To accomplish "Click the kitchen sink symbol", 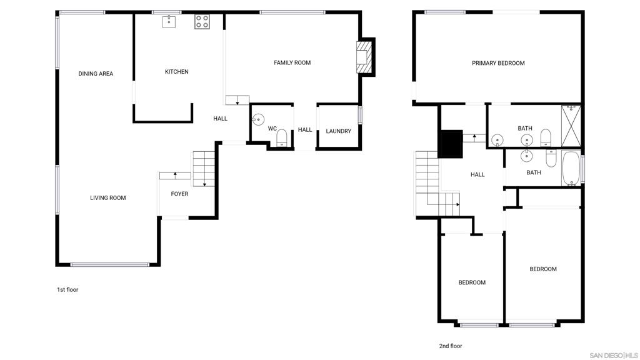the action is click(x=169, y=22).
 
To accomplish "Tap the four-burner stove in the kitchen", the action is click(x=202, y=22).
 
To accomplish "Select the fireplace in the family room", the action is click(x=365, y=57).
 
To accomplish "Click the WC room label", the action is click(x=272, y=129).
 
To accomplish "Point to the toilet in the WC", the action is click(x=282, y=138).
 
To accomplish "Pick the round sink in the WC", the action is click(x=258, y=119).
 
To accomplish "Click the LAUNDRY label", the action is click(x=338, y=131).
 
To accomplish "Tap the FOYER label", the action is click(x=179, y=194).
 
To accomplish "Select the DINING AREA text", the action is click(x=96, y=74).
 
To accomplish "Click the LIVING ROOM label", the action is click(x=107, y=198).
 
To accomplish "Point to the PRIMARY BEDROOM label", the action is click(x=498, y=63).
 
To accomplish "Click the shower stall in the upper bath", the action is click(x=571, y=126).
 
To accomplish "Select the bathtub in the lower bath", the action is click(x=571, y=168).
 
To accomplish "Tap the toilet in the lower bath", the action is click(x=551, y=158).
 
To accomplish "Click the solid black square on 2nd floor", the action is click(x=450, y=144).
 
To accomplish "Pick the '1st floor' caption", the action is click(x=67, y=290).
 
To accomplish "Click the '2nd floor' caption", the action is click(x=451, y=346).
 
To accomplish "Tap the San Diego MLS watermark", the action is click(x=614, y=355).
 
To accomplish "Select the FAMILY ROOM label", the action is click(x=292, y=63).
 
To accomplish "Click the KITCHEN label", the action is click(x=177, y=72).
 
